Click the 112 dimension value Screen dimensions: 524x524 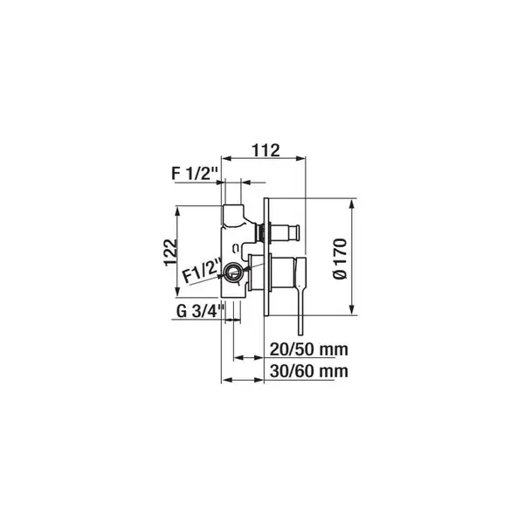(x=265, y=150)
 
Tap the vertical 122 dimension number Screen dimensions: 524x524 (x=170, y=252)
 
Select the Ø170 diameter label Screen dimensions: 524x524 (x=341, y=259)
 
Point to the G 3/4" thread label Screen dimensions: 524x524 (x=200, y=312)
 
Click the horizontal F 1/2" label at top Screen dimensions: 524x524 (x=195, y=174)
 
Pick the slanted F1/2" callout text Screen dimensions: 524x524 (x=203, y=271)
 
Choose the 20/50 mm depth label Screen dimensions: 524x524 (x=309, y=349)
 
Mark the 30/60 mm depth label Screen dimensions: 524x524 (x=309, y=371)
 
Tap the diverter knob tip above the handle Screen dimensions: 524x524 (x=295, y=232)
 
